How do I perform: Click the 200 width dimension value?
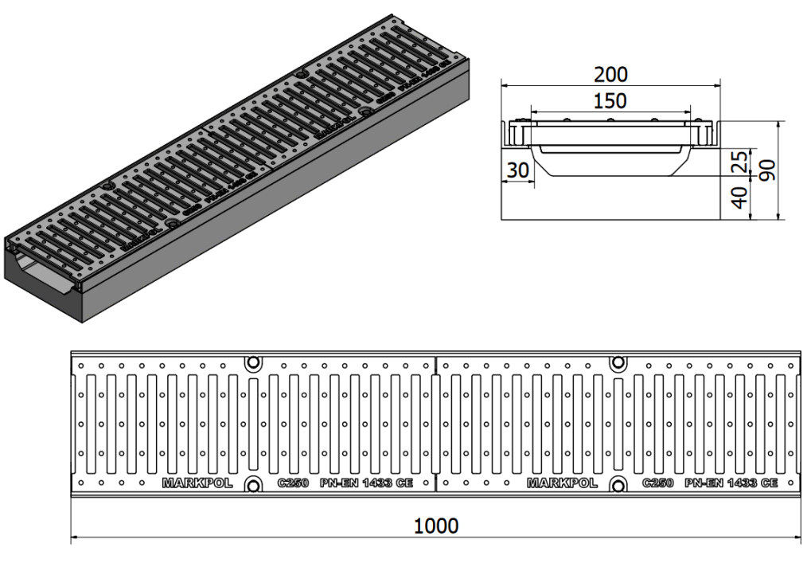tap(610, 75)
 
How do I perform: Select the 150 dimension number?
tap(610, 101)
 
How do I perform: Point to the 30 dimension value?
tap(517, 170)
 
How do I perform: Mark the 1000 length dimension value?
tap(436, 526)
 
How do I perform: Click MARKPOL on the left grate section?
tap(197, 483)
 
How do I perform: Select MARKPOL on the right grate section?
tap(562, 483)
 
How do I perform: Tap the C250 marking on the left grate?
tap(292, 483)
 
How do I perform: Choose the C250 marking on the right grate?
tap(657, 483)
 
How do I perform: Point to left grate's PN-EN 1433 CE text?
tap(366, 483)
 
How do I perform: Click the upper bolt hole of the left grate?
tap(253, 363)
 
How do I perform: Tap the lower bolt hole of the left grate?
tap(253, 485)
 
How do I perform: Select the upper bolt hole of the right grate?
tap(618, 363)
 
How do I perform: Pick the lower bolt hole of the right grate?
tap(618, 485)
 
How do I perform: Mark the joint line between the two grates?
tap(436, 422)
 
